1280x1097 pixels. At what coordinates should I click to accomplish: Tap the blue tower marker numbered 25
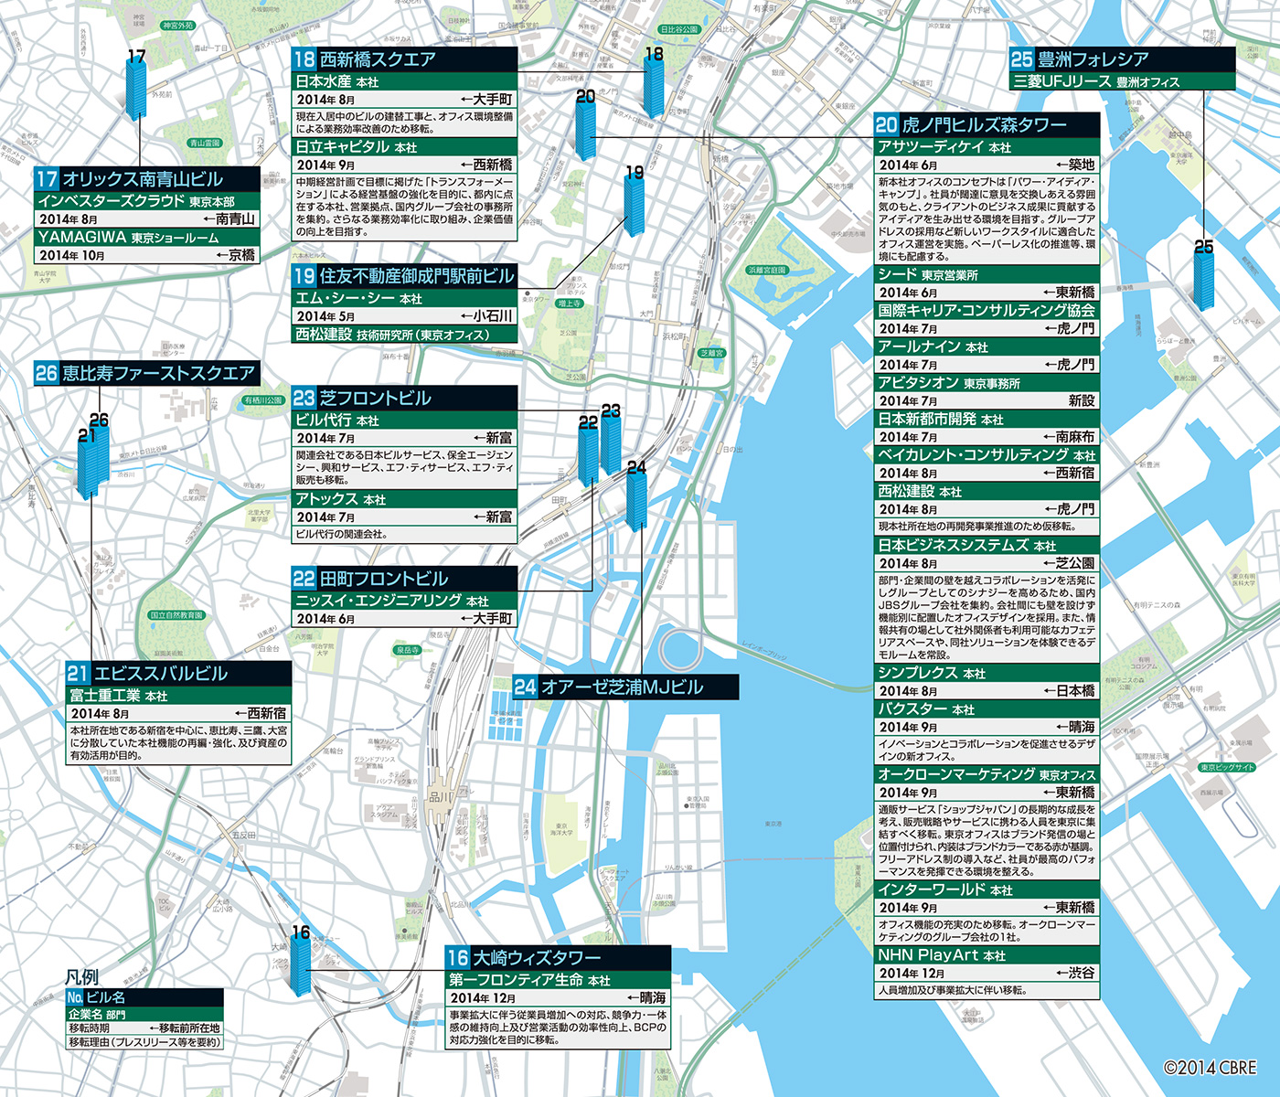click(x=1203, y=279)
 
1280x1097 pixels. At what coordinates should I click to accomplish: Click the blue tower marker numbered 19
click(x=634, y=205)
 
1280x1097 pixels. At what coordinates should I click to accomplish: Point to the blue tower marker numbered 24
click(x=636, y=501)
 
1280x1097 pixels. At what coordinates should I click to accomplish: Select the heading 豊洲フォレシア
click(x=1093, y=59)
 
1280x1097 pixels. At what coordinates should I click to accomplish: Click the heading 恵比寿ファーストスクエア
click(x=158, y=373)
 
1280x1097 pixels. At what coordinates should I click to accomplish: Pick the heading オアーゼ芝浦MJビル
click(x=622, y=687)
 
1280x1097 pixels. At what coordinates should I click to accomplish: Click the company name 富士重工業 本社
click(x=119, y=696)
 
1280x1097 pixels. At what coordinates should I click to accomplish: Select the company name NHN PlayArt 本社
click(x=942, y=955)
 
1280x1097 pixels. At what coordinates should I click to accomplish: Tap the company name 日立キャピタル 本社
click(x=356, y=147)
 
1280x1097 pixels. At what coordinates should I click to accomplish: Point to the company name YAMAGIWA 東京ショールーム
click(x=128, y=238)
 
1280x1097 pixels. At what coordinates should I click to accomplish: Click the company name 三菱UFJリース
click(x=1061, y=81)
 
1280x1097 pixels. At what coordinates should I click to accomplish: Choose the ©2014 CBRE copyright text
click(x=1210, y=1067)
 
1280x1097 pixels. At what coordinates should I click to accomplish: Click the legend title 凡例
click(x=81, y=976)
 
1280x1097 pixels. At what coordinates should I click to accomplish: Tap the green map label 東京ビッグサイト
click(x=1227, y=767)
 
